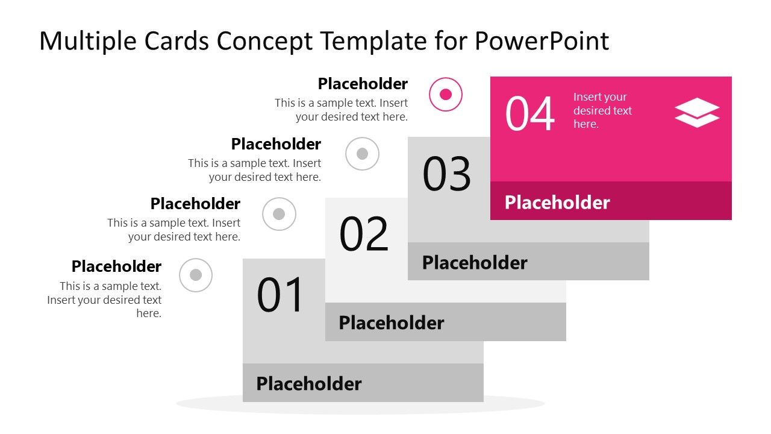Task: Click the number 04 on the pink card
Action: point(529,114)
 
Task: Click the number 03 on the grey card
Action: point(446,174)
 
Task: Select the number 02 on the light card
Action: point(364,234)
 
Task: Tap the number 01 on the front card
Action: point(281,295)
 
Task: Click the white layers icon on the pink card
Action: point(697,113)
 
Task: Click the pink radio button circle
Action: point(446,95)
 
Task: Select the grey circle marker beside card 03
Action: point(362,154)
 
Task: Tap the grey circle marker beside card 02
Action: point(279,214)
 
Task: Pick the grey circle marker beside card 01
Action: point(196,275)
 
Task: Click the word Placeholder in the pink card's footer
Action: point(557,202)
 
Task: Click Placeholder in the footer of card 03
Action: point(475,262)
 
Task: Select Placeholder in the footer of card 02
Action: point(392,322)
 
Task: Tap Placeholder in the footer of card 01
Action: point(309,383)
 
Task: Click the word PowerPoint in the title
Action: point(542,41)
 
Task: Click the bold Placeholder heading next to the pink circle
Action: point(363,84)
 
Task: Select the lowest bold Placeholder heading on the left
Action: point(116,266)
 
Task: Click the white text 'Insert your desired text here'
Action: point(602,110)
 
